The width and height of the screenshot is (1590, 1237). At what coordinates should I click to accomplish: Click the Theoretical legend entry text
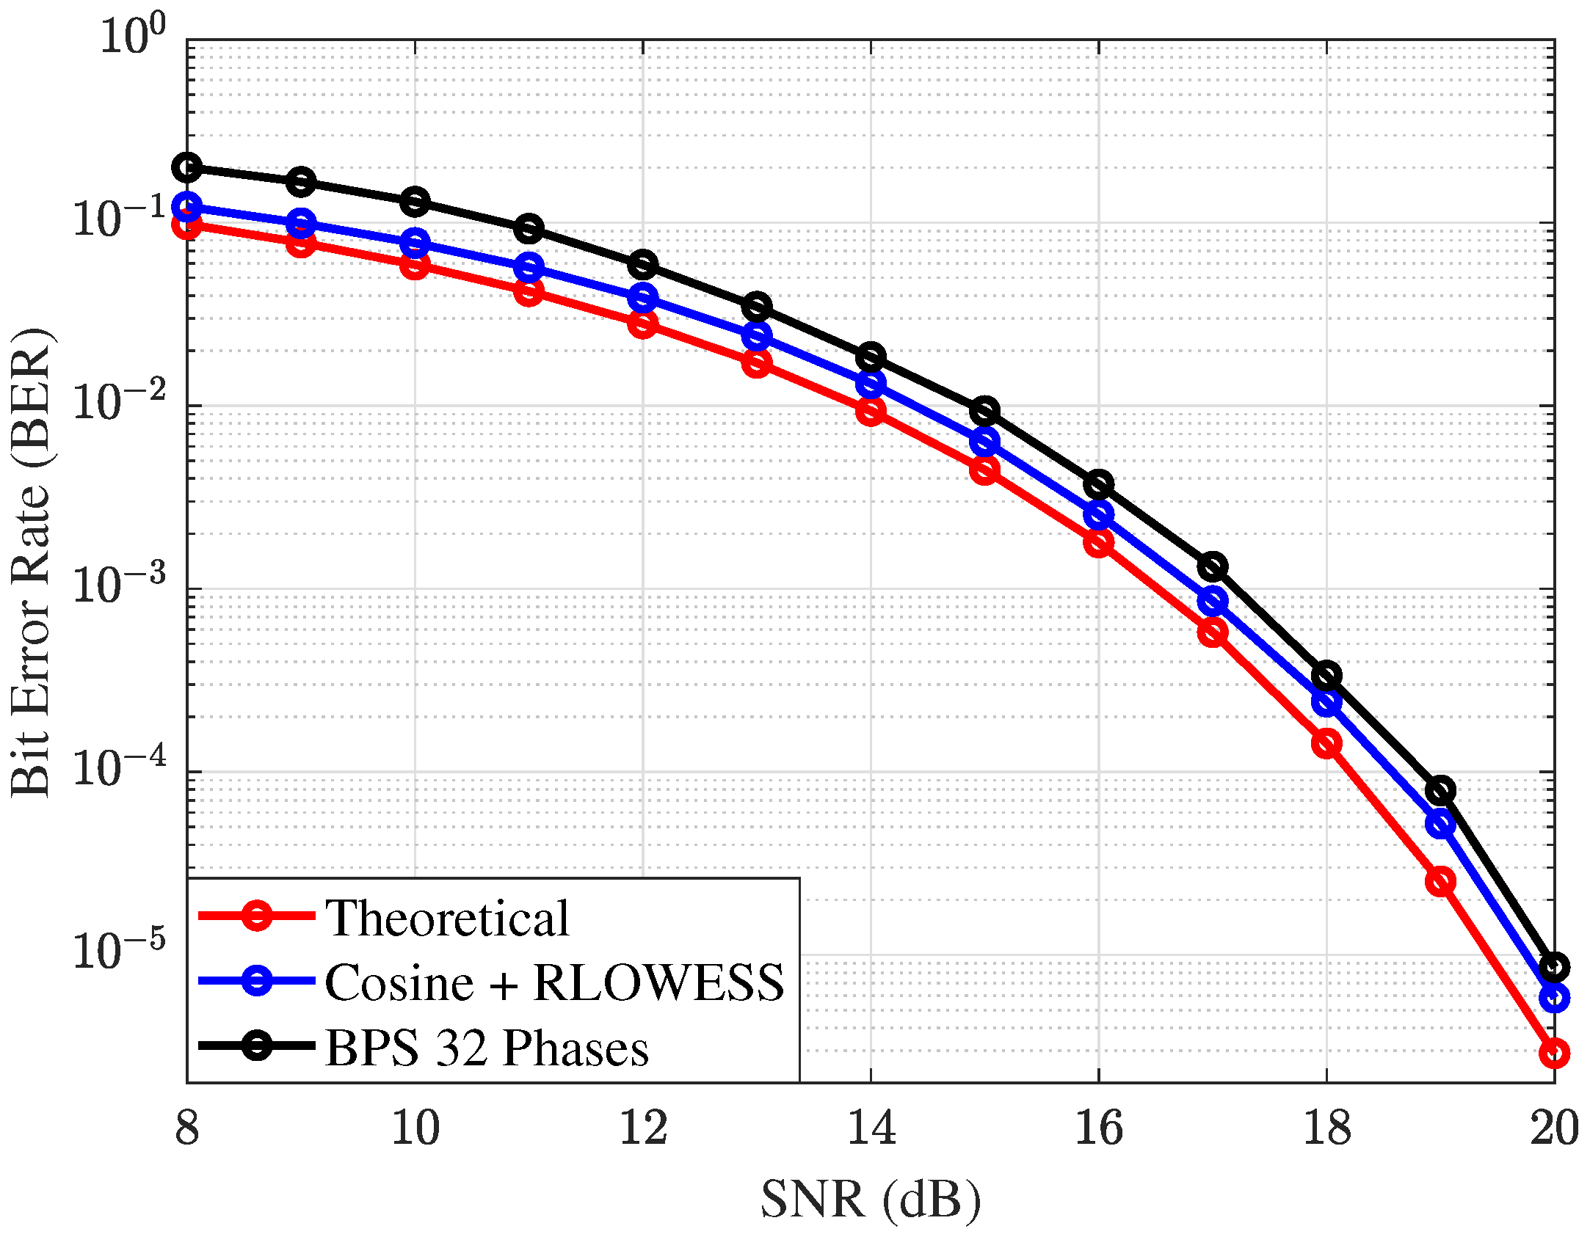[446, 918]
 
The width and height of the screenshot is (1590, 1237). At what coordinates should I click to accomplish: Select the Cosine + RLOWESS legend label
[554, 982]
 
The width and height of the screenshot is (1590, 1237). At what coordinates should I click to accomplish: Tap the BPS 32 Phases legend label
[487, 1047]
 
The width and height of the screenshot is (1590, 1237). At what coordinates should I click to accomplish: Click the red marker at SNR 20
[1554, 1054]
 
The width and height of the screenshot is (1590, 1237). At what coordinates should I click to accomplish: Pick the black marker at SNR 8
[187, 167]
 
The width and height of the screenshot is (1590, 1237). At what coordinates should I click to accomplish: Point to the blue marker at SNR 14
[871, 383]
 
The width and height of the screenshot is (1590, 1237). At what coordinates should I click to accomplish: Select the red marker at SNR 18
[1326, 744]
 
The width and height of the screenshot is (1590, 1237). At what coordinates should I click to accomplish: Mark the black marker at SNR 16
[1099, 484]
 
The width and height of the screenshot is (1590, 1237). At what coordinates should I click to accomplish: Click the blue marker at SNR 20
[1554, 998]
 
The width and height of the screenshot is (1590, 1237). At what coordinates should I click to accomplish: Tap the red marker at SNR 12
[643, 324]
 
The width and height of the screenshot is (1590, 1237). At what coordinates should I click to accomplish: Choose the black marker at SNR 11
[529, 228]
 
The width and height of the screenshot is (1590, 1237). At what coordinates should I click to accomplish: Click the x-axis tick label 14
[871, 1128]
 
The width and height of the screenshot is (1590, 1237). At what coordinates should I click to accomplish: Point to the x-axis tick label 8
[187, 1128]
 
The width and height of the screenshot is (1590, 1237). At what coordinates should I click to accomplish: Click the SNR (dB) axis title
[871, 1200]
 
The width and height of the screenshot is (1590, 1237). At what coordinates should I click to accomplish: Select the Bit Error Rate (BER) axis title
[31, 561]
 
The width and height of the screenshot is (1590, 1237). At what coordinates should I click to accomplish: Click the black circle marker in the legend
[258, 1046]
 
